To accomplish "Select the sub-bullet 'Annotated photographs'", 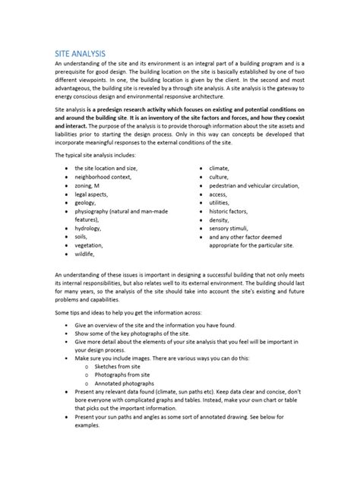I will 130,395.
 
